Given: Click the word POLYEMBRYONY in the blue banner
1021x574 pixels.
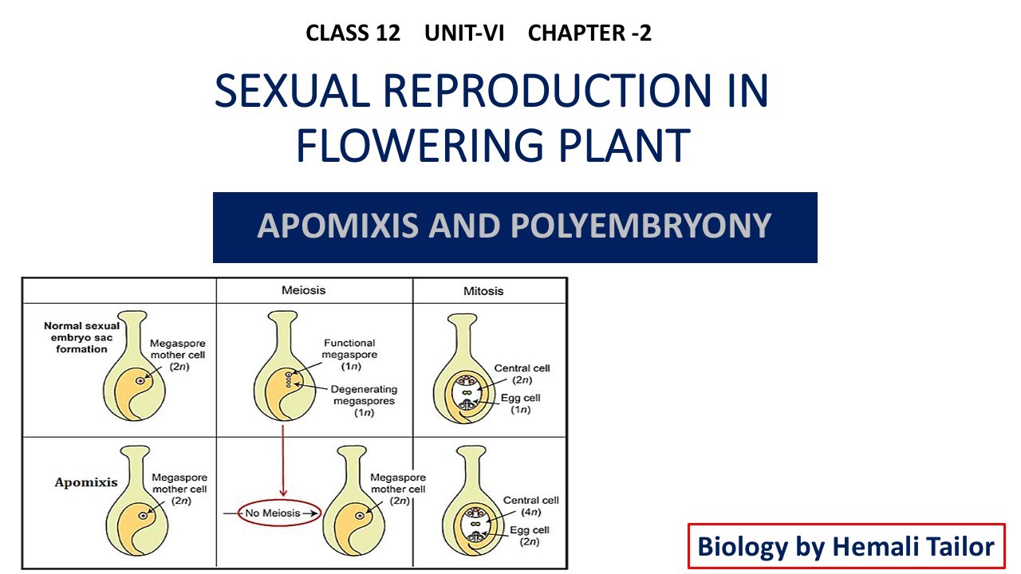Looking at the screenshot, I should click(641, 226).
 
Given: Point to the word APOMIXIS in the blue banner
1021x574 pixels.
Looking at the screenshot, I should click(338, 226).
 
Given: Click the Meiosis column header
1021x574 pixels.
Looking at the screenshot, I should click(304, 290).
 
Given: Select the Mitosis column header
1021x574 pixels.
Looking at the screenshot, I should click(483, 291).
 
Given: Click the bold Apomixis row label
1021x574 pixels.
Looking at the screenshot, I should click(85, 482).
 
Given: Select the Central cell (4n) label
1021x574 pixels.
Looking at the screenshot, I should click(531, 505).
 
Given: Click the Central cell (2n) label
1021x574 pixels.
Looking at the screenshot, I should click(522, 374).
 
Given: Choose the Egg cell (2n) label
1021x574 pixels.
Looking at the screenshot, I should click(531, 535).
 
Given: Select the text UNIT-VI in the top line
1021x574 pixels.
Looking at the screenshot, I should click(464, 33).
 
